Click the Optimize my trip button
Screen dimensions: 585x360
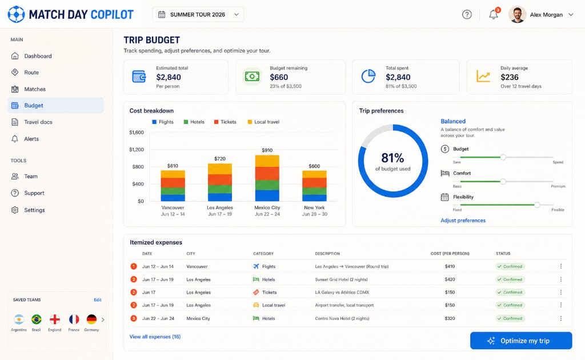[521, 341]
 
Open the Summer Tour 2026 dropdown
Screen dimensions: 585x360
[198, 14]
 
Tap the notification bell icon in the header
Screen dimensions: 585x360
[493, 14]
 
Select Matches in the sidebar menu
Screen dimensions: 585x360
[35, 89]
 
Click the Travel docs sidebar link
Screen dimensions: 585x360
[38, 122]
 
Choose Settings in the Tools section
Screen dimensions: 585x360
[34, 210]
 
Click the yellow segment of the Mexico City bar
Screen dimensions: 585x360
[267, 161]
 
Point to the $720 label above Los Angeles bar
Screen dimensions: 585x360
[220, 158]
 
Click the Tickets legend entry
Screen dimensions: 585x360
[225, 122]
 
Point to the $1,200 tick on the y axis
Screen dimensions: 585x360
[137, 150]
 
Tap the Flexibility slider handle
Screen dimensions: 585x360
[537, 205]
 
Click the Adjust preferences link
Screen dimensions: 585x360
[463, 221]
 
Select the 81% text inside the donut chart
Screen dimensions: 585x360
[392, 158]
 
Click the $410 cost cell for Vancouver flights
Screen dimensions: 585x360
[450, 266]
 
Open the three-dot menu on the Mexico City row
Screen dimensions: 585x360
[561, 318]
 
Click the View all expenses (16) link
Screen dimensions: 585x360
[155, 337]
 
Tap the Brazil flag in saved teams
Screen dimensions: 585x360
[36, 319]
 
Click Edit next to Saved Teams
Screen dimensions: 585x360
[97, 300]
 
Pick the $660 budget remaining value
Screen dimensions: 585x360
[279, 77]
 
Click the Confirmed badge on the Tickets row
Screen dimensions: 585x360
[510, 293]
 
